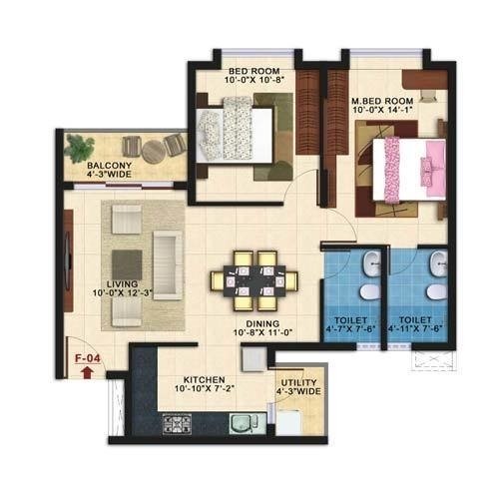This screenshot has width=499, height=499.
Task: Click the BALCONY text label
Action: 106,165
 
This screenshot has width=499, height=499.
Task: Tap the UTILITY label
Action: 298,382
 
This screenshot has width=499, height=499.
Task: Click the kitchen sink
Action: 242,422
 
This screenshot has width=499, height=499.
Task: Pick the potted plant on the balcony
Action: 78,146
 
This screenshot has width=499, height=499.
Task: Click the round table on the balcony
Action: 152,152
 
